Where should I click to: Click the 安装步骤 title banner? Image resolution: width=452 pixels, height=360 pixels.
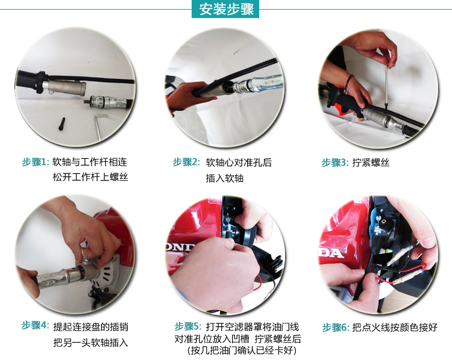[225, 9]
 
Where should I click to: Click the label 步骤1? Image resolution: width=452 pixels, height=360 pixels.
[36, 162]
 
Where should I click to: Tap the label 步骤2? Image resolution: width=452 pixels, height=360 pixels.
[186, 162]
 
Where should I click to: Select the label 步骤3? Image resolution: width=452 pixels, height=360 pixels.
[335, 163]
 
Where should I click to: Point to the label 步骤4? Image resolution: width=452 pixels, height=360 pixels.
[36, 326]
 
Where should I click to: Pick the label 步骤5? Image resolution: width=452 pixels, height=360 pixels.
[188, 326]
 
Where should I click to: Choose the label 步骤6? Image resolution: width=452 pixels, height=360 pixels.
[336, 327]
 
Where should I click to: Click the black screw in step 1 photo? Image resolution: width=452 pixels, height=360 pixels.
[61, 124]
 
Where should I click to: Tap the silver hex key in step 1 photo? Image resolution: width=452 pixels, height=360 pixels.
[99, 126]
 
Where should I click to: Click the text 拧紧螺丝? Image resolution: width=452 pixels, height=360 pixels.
[371, 163]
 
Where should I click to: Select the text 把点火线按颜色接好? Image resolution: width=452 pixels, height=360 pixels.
[395, 327]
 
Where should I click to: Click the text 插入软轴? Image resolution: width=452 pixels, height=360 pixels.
[225, 178]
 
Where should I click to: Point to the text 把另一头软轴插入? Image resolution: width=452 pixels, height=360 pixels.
[90, 343]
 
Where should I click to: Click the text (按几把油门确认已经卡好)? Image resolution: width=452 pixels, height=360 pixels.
[242, 350]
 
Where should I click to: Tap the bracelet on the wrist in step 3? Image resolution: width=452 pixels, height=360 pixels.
[348, 83]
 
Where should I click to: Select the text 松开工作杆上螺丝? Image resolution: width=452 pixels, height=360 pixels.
[90, 177]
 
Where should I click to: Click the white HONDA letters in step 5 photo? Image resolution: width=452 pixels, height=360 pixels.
[180, 247]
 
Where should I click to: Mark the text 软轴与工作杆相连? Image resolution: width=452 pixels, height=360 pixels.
[90, 162]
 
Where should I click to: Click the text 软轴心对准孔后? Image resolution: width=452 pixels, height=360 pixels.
[239, 163]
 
